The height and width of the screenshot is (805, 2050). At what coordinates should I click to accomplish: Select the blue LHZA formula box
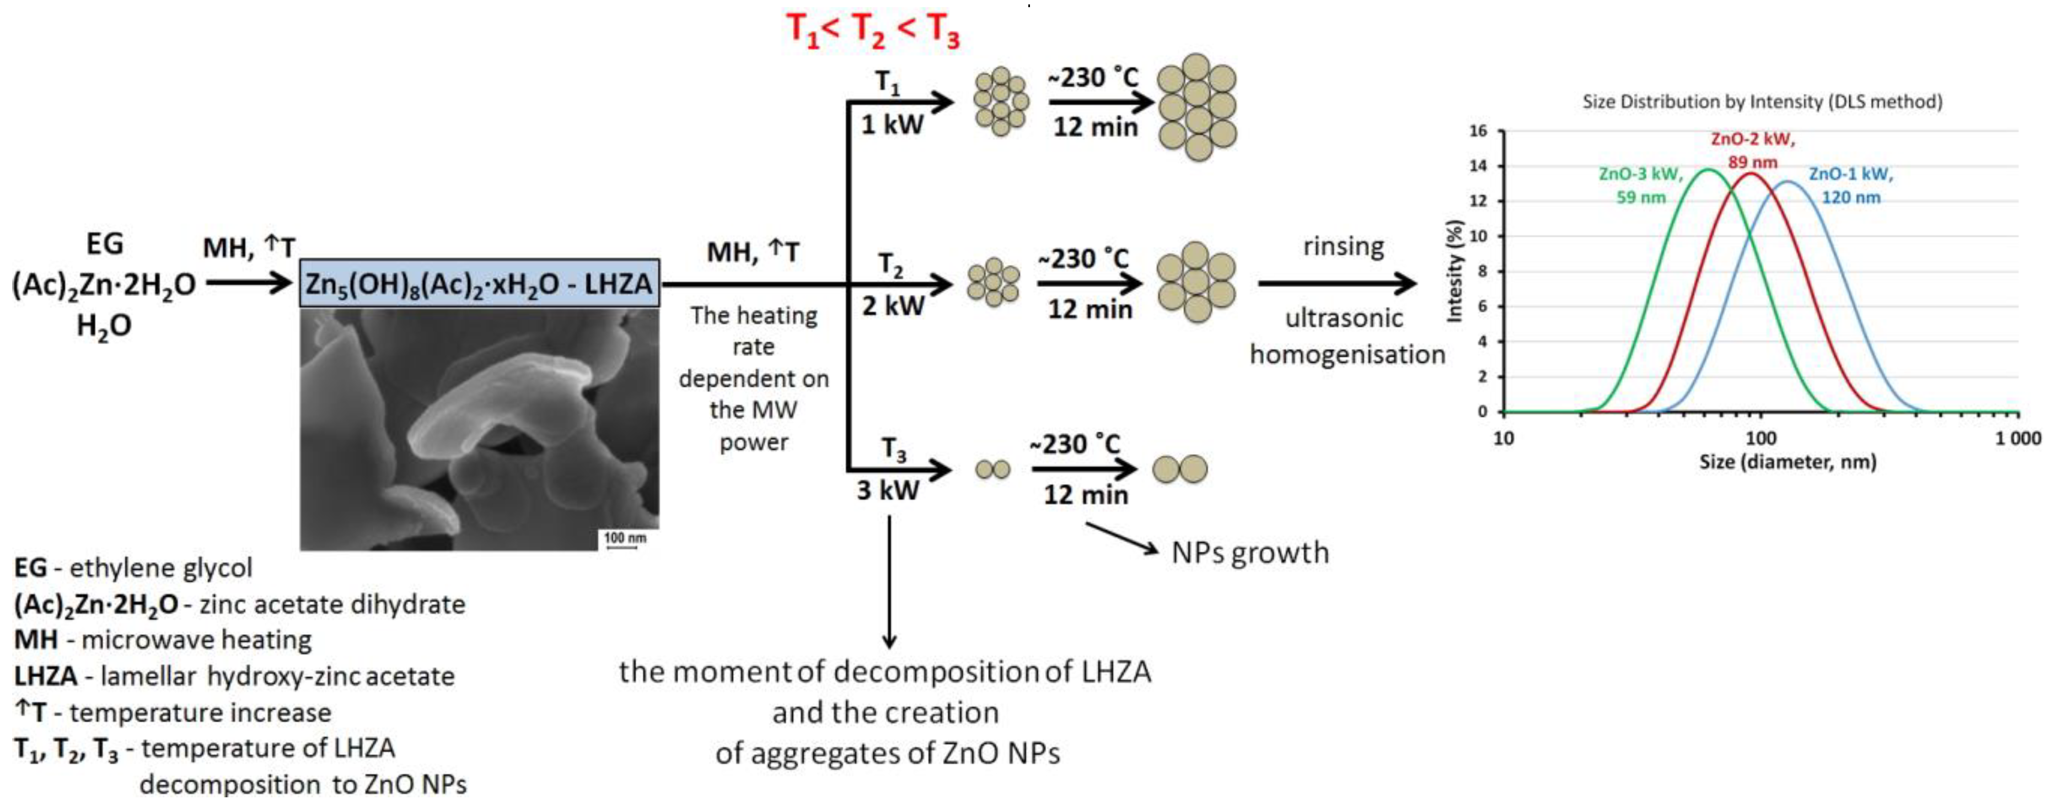click(x=479, y=283)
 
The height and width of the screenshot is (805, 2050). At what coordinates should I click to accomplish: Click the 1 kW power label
click(x=892, y=125)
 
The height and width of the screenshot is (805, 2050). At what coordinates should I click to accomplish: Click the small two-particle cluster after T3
click(x=992, y=469)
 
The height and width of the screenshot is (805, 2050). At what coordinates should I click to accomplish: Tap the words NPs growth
click(x=1250, y=552)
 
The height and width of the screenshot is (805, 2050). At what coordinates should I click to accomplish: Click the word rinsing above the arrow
click(x=1343, y=247)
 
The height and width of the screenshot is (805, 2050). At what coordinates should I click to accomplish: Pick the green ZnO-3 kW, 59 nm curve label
click(x=1641, y=185)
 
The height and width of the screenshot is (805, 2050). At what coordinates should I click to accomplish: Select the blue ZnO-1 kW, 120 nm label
click(x=1851, y=185)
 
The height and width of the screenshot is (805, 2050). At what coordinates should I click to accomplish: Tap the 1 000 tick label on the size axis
click(x=2017, y=438)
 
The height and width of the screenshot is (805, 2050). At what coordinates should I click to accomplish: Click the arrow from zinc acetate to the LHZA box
click(x=249, y=283)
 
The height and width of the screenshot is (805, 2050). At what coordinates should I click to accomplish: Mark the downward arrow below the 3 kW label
click(x=889, y=581)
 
